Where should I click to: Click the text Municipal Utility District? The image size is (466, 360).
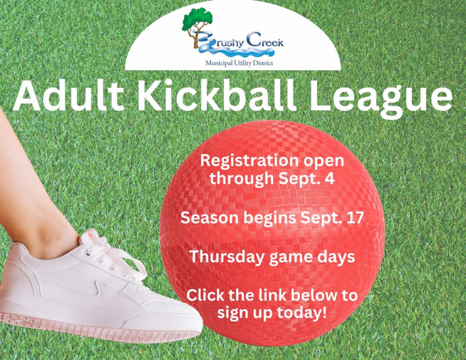239,63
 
